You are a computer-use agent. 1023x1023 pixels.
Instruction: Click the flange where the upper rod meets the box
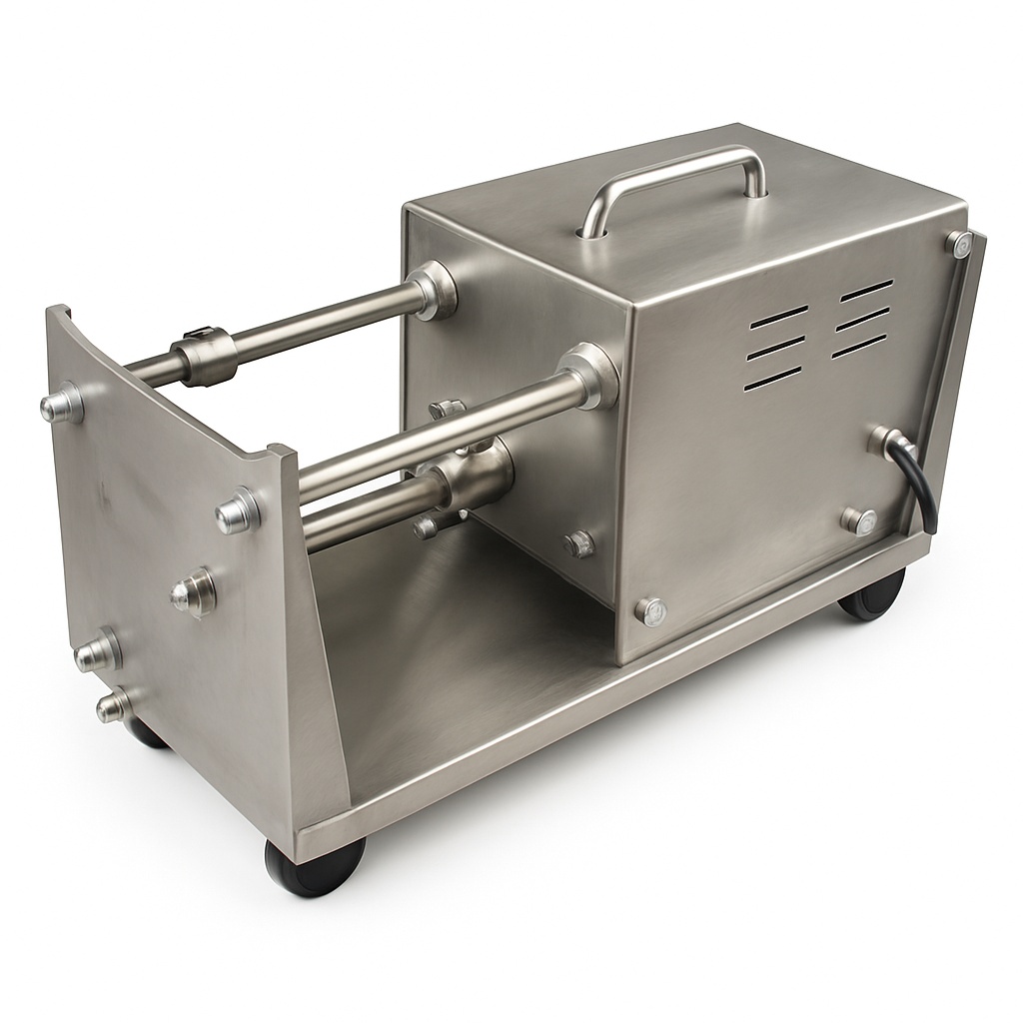434,290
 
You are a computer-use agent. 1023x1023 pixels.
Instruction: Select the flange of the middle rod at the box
590,375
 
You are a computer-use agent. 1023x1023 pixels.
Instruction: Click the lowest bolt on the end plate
114,705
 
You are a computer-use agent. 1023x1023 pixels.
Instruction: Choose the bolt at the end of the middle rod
238,511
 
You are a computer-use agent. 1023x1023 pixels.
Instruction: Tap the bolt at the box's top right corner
959,242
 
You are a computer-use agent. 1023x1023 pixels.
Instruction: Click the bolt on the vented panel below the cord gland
857,519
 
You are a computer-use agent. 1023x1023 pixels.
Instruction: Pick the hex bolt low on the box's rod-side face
578,543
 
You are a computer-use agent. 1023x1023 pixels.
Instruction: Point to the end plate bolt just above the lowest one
98,651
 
